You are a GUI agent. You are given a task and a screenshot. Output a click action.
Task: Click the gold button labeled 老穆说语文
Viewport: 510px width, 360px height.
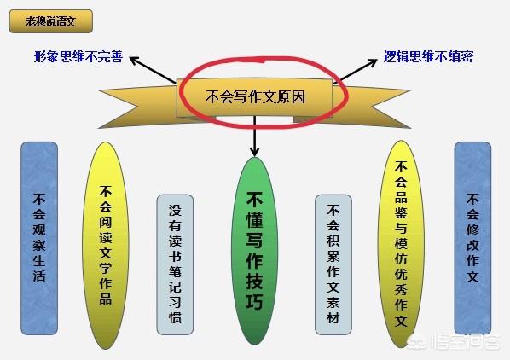point(50,21)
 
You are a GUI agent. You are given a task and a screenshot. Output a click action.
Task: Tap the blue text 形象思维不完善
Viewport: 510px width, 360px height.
point(78,56)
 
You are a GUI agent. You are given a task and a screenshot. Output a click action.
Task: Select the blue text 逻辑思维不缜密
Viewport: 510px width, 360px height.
point(428,56)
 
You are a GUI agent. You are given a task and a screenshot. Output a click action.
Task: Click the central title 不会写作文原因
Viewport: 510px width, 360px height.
point(255,97)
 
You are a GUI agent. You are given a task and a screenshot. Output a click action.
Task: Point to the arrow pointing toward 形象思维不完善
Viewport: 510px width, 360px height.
point(153,70)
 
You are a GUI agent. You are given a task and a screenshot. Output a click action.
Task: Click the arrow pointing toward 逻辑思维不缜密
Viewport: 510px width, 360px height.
point(356,70)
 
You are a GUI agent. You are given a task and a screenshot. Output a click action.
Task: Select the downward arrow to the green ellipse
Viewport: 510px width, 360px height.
point(255,136)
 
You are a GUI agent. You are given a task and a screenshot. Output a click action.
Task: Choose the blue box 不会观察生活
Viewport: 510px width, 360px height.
point(39,238)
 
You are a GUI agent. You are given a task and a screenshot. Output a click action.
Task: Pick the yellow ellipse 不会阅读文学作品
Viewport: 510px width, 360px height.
point(106,246)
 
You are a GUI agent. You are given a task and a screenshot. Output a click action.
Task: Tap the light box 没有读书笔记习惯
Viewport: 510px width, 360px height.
point(175,264)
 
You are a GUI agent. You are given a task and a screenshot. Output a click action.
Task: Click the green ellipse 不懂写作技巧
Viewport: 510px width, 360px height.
point(255,251)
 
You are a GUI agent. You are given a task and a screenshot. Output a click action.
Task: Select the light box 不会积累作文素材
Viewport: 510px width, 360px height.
point(333,264)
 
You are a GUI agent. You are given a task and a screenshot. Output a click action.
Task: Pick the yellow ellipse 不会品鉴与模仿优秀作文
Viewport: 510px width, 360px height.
point(401,244)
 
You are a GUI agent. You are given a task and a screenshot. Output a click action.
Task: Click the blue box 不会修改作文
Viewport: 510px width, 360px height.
point(472,238)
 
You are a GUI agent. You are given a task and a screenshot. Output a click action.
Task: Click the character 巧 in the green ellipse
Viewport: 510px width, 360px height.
point(254,302)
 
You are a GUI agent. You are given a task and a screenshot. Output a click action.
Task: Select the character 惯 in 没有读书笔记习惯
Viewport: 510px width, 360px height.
point(175,317)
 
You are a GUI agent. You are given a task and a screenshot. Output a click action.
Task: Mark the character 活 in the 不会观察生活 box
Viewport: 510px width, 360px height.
point(39,276)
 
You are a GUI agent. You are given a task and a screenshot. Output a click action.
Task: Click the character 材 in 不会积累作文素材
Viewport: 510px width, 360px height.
point(333,317)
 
